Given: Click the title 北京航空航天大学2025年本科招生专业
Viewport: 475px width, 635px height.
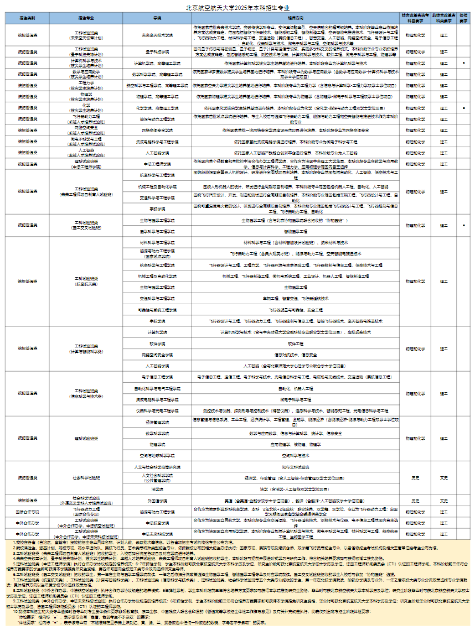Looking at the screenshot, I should pos(237,8).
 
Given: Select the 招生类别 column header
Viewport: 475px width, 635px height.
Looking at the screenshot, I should pos(27,18).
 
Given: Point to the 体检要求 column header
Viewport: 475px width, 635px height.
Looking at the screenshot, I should pos(463,18).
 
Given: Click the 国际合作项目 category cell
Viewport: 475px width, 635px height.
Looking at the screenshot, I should pos(27,512).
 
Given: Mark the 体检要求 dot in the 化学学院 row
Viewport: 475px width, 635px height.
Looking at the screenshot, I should pos(463,107).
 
